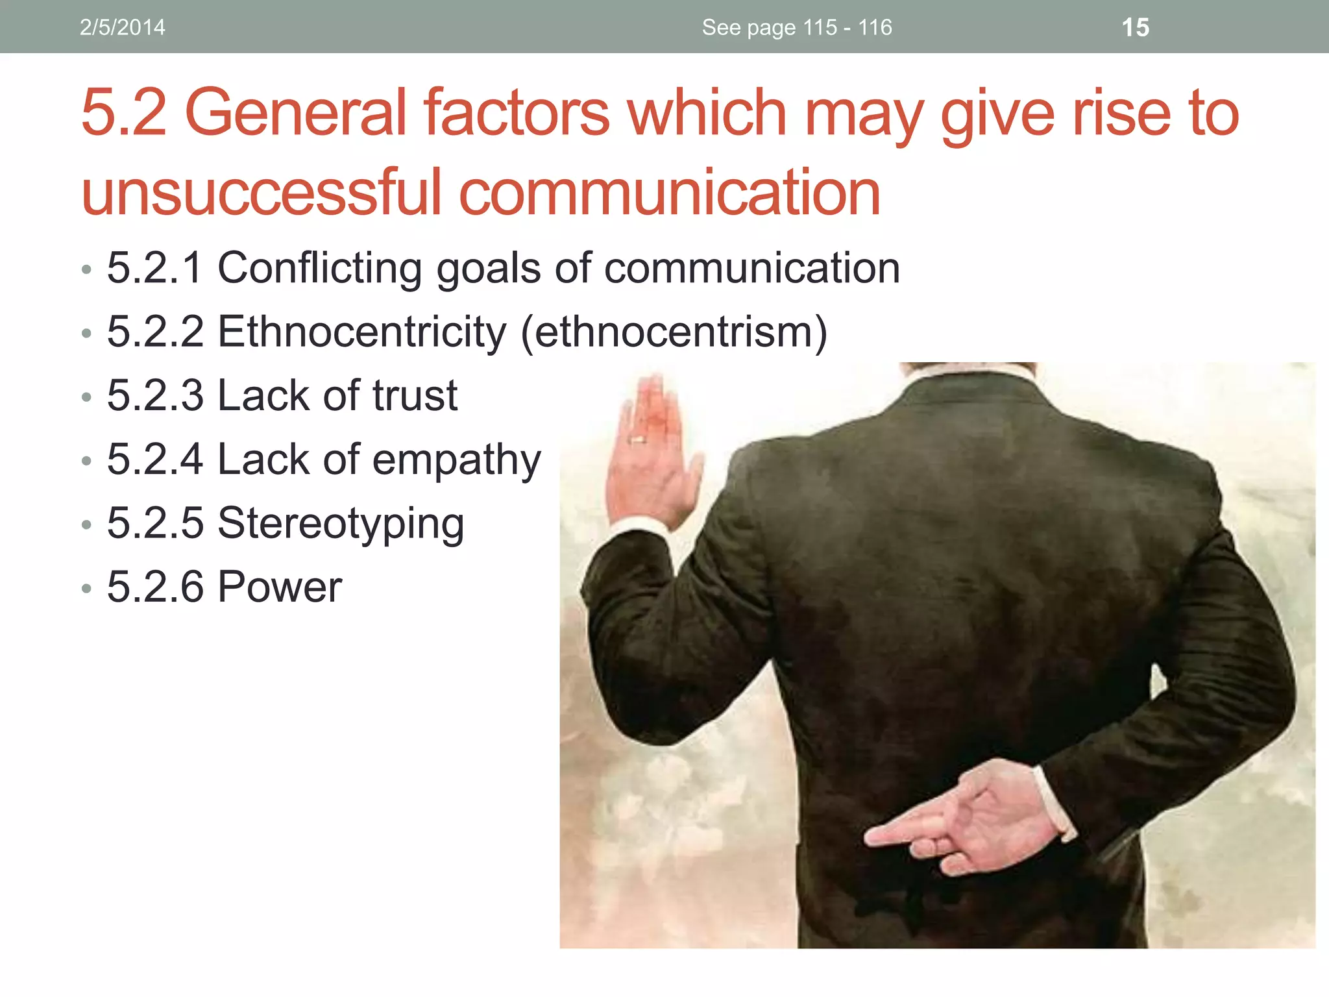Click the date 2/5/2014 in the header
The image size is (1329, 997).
pyautogui.click(x=122, y=27)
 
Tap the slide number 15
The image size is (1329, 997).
pyautogui.click(x=1135, y=28)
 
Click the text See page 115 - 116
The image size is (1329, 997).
pyautogui.click(x=796, y=27)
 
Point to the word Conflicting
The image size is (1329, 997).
pyautogui.click(x=319, y=268)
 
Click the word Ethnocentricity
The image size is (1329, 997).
pyautogui.click(x=361, y=332)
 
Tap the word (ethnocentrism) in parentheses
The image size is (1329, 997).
pyautogui.click(x=674, y=332)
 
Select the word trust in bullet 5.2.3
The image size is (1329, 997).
pyautogui.click(x=415, y=395)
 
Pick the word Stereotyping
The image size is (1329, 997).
pyautogui.click(x=341, y=523)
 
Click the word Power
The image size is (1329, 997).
pyautogui.click(x=280, y=587)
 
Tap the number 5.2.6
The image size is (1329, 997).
pyautogui.click(x=155, y=587)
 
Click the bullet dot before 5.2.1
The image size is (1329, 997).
pyautogui.click(x=86, y=269)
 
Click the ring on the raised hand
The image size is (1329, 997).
pyautogui.click(x=639, y=441)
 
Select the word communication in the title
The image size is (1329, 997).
pyautogui.click(x=670, y=192)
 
